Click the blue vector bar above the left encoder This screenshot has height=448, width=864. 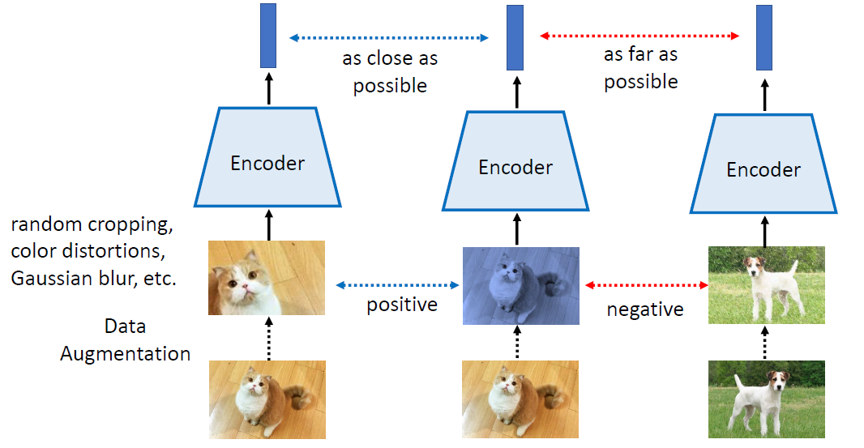point(268,36)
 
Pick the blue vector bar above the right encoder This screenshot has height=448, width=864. point(763,37)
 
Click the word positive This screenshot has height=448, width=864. point(402,305)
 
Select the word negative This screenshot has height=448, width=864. point(644,309)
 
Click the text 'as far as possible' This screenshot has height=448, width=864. point(640,68)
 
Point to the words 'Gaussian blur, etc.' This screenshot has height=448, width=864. point(93,278)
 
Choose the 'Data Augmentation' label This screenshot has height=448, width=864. point(126,340)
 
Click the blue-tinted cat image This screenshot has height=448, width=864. point(520,285)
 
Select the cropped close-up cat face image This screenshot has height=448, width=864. point(267,278)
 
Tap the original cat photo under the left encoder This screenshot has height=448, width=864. point(267,400)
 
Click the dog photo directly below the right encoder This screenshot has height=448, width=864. point(766,285)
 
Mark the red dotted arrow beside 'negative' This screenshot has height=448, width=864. point(644,285)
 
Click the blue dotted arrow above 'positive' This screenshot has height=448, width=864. point(397,285)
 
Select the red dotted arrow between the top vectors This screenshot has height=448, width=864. point(640,36)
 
